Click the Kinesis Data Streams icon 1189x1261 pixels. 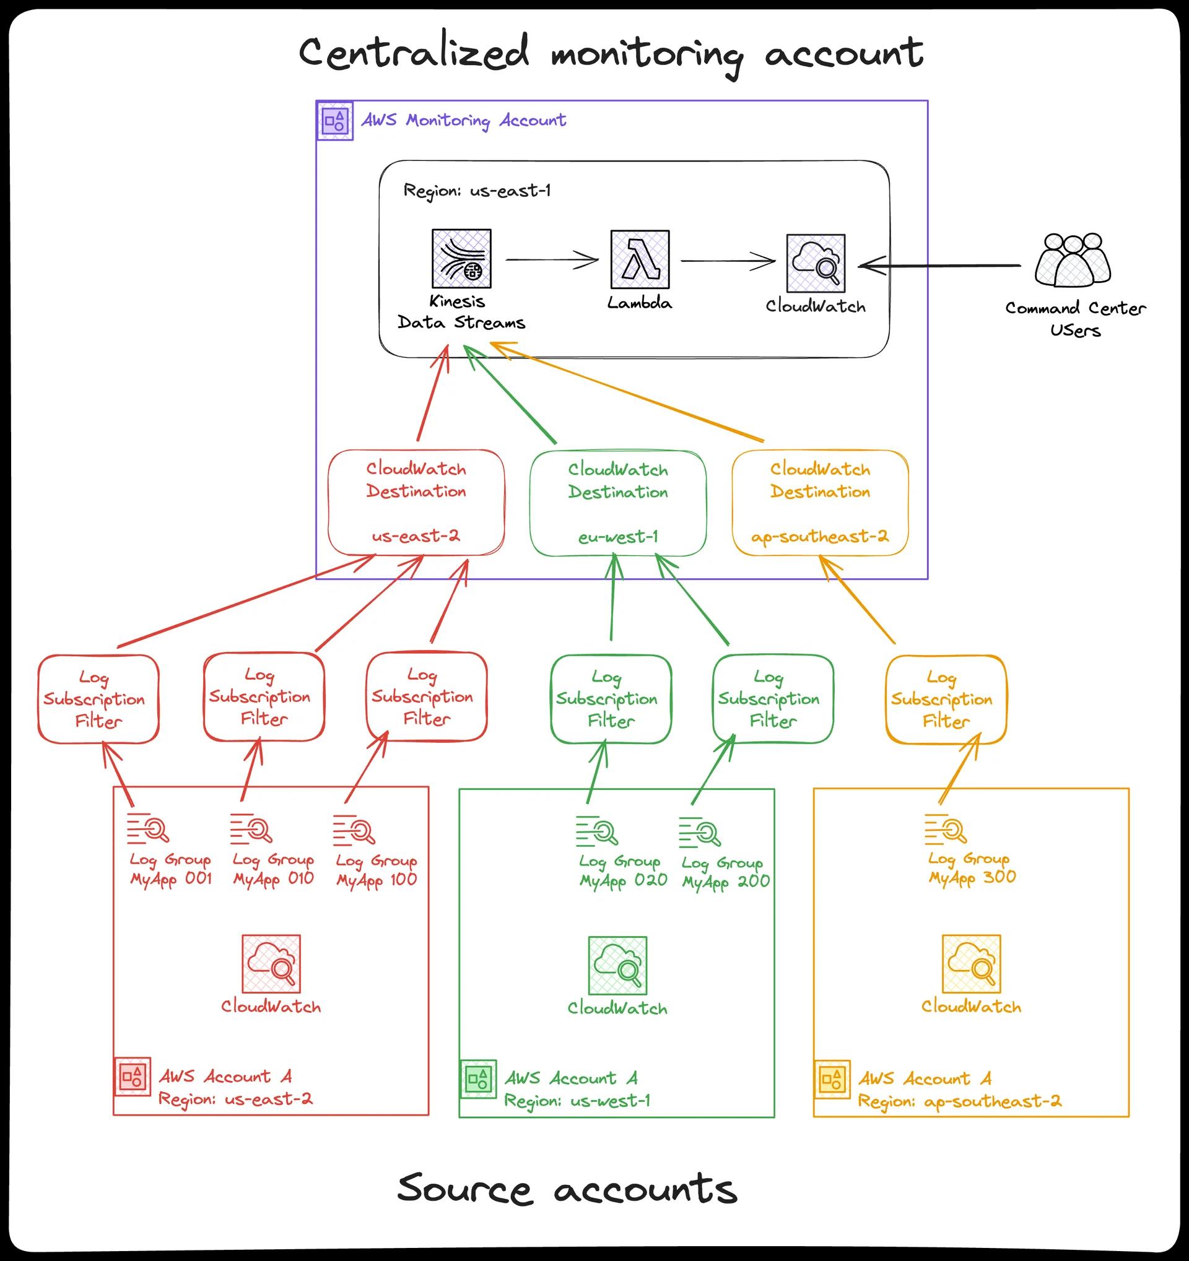coord(461,259)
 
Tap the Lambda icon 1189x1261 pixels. coord(640,259)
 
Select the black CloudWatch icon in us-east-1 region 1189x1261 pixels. coord(816,263)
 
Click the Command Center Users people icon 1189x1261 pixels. coord(1073,260)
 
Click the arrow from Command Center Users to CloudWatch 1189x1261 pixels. coord(939,266)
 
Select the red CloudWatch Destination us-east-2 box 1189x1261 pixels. coord(416,503)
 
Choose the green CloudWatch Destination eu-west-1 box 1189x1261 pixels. coord(618,503)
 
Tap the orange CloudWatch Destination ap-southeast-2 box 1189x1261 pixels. coord(820,503)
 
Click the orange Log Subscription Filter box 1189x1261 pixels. coord(946,700)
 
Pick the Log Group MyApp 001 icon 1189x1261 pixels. coord(148,829)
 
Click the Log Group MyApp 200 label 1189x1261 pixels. coord(725,872)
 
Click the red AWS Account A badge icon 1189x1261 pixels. coord(133,1077)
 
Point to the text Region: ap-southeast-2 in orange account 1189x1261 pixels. coord(959,1101)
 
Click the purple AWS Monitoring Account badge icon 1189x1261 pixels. coord(334,120)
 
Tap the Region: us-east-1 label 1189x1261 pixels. coord(476,190)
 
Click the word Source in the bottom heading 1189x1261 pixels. coord(464,1189)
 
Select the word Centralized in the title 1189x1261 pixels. coord(413,53)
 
